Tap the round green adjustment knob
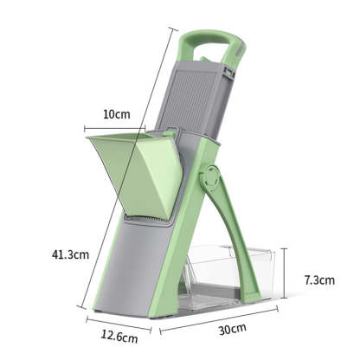[x=209, y=180]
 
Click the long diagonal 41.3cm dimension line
[x=130, y=173]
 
